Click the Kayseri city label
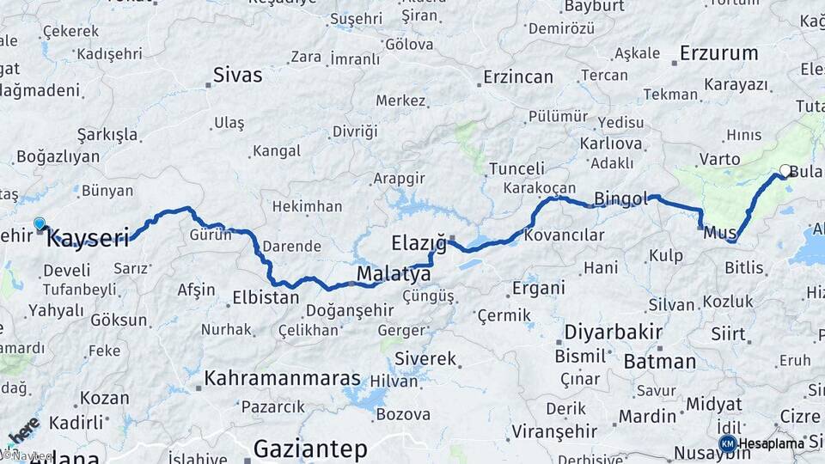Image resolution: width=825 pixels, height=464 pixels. [x=87, y=238]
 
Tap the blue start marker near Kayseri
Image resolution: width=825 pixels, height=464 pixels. [x=39, y=224]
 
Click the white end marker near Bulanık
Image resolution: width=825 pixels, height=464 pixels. [x=785, y=171]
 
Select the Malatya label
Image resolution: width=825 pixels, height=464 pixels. [x=393, y=275]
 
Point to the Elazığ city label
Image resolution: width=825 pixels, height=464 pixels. [x=419, y=243]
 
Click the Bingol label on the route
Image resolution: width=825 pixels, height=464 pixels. [x=620, y=199]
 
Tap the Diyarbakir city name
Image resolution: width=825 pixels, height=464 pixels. [x=613, y=333]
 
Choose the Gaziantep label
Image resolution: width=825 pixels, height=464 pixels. [x=310, y=449]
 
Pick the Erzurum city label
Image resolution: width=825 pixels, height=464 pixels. [x=718, y=53]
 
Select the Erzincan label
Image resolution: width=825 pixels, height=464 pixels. [x=517, y=77]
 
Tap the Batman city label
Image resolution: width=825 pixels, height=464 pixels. [x=659, y=362]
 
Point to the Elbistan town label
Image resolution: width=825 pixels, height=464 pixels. [x=266, y=298]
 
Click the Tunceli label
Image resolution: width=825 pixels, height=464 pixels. [x=516, y=168]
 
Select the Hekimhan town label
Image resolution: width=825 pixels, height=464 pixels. [x=307, y=207]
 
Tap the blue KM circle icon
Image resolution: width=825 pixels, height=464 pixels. [x=727, y=443]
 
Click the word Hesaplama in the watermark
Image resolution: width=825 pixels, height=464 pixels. [x=772, y=443]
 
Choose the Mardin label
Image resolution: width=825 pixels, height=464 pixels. [x=648, y=417]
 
